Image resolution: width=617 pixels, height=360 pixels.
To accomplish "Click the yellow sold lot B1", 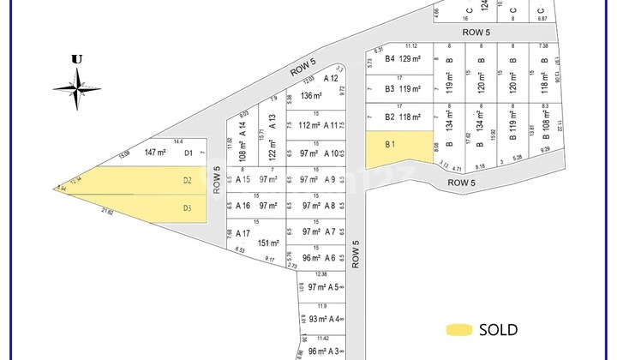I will pos(399,150).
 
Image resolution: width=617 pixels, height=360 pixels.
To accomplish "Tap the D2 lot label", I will pos(187,180).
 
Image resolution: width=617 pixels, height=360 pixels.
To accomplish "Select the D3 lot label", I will pos(187,208).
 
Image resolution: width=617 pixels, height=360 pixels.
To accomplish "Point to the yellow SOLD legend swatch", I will pos(459,330).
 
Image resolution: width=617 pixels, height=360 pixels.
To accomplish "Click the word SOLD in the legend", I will pos(498,330).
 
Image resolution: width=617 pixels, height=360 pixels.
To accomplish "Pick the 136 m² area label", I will pos(310,96).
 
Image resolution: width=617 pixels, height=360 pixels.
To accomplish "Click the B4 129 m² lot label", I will pos(404,59).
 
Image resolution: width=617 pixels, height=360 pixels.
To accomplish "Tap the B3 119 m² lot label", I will pos(404,88).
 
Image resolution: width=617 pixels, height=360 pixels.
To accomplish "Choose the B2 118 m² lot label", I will pos(404,117).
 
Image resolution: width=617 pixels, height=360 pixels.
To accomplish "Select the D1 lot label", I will pos(189,153).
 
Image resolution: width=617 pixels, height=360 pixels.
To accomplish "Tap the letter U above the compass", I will pos(77,59).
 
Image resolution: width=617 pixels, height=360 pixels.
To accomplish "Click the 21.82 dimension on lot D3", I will pos(107,211).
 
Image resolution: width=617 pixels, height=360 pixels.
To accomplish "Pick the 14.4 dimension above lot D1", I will pos(178,141).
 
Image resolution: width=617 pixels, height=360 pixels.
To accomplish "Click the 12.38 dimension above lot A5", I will pos(320,274).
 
